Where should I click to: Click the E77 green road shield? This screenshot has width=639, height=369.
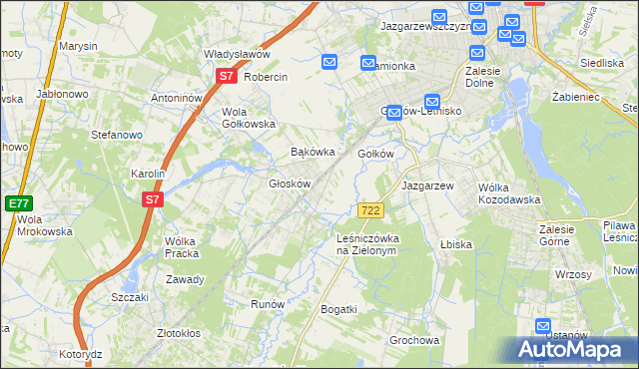click(x=18, y=202)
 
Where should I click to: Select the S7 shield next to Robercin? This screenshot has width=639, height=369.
click(x=227, y=76)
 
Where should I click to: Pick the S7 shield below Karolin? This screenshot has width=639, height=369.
click(x=152, y=199)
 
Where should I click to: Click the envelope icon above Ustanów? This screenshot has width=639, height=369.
click(x=543, y=326)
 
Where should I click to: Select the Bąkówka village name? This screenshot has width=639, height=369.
click(x=310, y=153)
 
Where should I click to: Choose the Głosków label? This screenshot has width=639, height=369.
click(x=291, y=184)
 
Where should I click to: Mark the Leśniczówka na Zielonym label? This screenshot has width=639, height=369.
click(x=367, y=244)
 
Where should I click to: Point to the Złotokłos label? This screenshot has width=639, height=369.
click(x=180, y=333)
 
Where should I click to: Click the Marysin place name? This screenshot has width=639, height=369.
click(x=78, y=47)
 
